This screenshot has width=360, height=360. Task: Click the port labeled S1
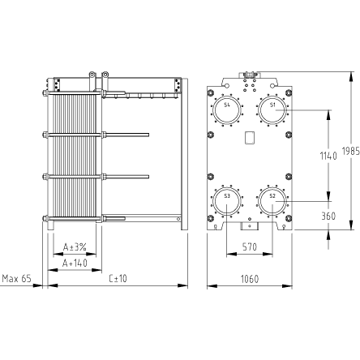coord(272,110)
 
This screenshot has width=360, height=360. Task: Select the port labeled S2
coord(272,201)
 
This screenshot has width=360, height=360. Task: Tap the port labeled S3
coord(227,201)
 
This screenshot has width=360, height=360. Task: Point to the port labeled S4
coord(227,110)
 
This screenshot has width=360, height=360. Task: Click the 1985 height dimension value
coord(351,151)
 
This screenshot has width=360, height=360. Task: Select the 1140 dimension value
coord(328,156)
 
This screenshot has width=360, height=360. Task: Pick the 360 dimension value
coord(328,216)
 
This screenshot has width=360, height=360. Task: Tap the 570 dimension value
coord(250,246)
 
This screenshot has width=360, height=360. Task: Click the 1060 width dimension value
coord(250,279)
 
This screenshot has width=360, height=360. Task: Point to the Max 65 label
coord(17,278)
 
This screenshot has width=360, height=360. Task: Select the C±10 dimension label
coord(118,278)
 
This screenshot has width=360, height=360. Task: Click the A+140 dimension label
coord(75,263)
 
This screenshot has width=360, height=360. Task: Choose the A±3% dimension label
coord(75,246)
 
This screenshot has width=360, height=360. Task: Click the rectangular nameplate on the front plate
coord(249,138)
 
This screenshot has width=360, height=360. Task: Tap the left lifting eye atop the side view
coord(92,74)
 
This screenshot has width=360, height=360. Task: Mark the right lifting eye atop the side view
coord(105,74)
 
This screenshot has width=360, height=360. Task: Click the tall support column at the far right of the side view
coord(184,154)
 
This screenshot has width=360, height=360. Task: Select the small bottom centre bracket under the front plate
coord(250,226)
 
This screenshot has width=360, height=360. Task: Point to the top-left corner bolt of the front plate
coord(211,93)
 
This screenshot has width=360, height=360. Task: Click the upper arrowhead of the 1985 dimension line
coord(351,76)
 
